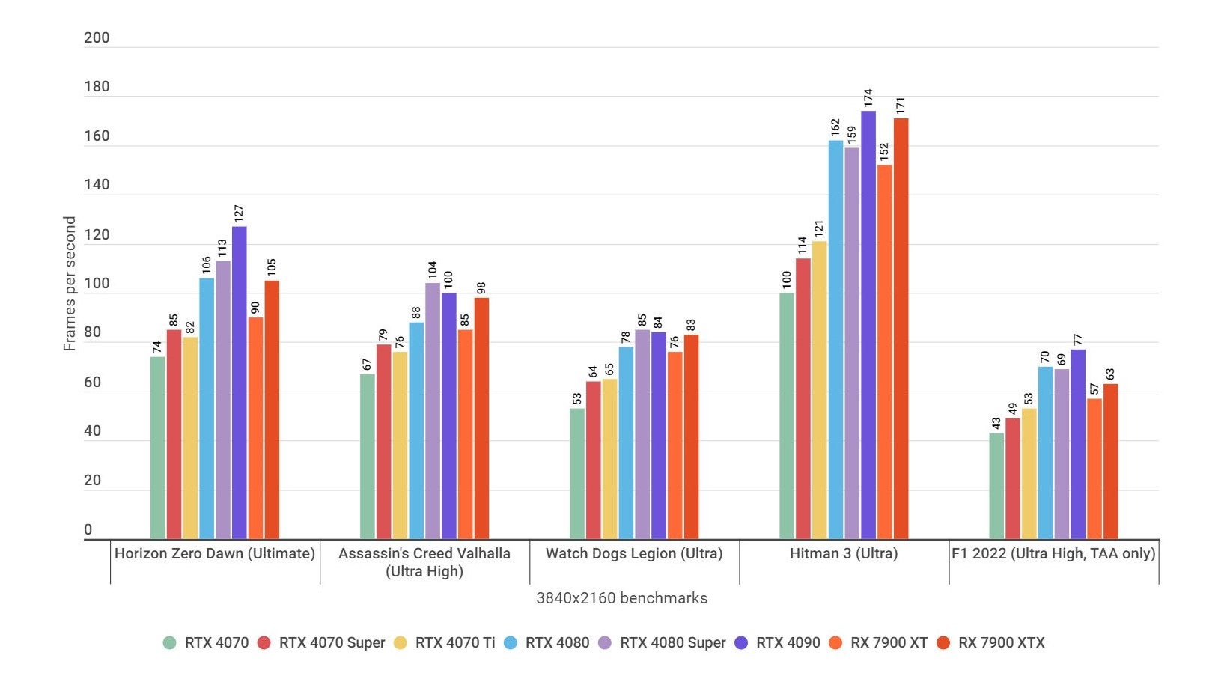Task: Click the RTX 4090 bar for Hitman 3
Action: [868, 326]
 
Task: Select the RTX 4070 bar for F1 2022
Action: [996, 487]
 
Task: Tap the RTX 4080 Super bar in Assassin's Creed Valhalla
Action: [433, 412]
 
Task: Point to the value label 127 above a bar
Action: [239, 213]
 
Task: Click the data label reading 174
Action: [868, 98]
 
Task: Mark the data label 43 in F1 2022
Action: [996, 423]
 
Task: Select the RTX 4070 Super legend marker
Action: [264, 643]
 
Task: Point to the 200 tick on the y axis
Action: [97, 38]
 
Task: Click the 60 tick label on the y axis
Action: [92, 383]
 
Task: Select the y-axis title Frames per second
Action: [70, 284]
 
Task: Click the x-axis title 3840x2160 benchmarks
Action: [621, 598]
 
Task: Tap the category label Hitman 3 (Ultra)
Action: [844, 554]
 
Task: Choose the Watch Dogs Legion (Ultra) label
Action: [634, 554]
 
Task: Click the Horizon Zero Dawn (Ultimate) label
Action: [215, 554]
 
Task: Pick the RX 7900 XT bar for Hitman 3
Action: [885, 352]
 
